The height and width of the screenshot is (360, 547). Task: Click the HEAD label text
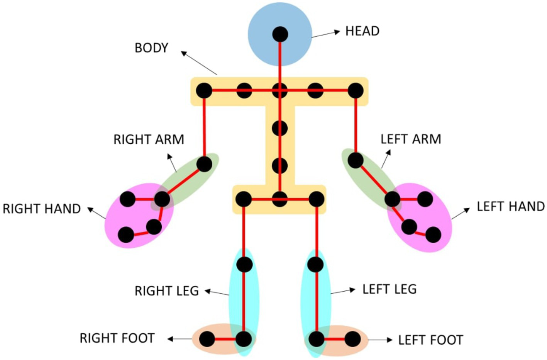362,31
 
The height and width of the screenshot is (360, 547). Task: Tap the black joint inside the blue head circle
280,34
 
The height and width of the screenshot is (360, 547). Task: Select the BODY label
151,48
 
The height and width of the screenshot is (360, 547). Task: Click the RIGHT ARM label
149,139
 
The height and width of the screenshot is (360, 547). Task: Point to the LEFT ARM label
411,139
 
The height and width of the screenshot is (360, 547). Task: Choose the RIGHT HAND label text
42,209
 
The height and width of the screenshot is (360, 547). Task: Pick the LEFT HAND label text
510,207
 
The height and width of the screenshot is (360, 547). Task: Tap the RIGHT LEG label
166,291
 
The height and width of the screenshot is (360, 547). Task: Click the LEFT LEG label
390,289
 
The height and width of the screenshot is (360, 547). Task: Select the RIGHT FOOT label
117,338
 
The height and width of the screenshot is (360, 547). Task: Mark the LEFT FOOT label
430,340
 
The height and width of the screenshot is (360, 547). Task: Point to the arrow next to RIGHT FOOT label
180,339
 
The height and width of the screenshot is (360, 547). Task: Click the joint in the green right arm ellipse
204,164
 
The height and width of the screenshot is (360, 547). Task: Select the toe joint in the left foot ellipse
352,339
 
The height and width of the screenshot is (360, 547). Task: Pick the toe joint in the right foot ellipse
207,339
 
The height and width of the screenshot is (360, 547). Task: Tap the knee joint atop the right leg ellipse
244,265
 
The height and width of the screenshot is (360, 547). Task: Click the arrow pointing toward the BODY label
198,63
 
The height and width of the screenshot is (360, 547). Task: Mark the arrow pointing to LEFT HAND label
461,214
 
